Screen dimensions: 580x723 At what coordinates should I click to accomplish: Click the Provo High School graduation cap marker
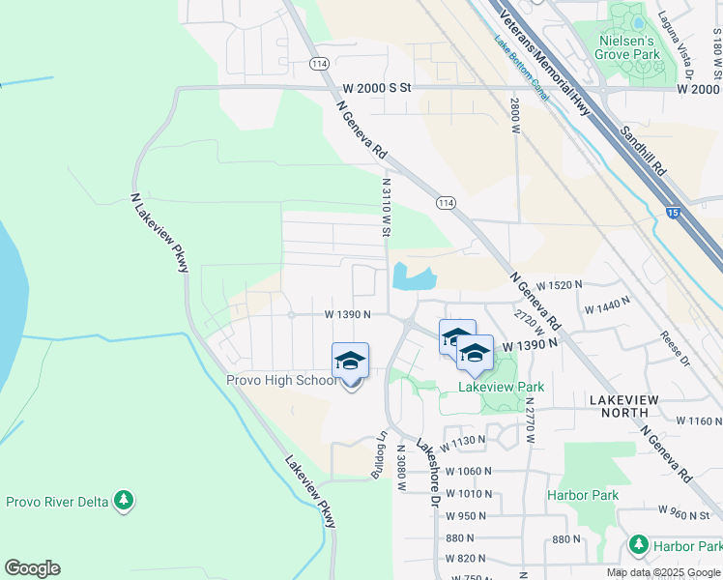pyautogui.click(x=350, y=362)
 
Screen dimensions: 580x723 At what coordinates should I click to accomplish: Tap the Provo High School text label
pyautogui.click(x=282, y=380)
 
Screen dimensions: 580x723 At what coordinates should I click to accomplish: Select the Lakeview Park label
pyautogui.click(x=501, y=387)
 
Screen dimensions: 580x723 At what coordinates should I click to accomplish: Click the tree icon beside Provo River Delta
pyautogui.click(x=123, y=501)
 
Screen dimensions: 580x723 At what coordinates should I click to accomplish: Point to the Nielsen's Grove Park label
pyautogui.click(x=629, y=47)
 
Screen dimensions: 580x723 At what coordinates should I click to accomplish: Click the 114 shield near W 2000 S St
pyautogui.click(x=319, y=63)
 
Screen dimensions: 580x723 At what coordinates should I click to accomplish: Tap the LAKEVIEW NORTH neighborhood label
pyautogui.click(x=618, y=406)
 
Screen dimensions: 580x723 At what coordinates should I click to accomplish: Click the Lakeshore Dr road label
pyautogui.click(x=427, y=473)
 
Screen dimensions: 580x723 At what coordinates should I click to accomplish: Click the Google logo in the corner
pyautogui.click(x=32, y=568)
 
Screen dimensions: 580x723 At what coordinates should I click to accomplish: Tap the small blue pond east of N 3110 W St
pyautogui.click(x=413, y=277)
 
